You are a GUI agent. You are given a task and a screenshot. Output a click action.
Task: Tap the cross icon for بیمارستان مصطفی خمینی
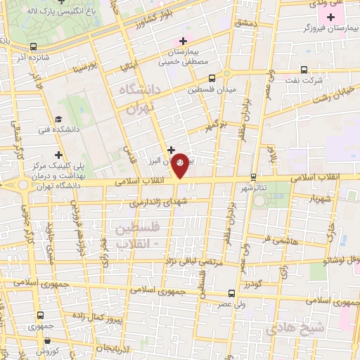pos(183,41)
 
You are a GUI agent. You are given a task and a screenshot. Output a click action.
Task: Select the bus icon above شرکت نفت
pos(304,69)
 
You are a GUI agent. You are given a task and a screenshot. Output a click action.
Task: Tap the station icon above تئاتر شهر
pos(253,177)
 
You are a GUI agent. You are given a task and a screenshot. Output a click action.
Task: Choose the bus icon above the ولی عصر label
pos(231,294)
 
